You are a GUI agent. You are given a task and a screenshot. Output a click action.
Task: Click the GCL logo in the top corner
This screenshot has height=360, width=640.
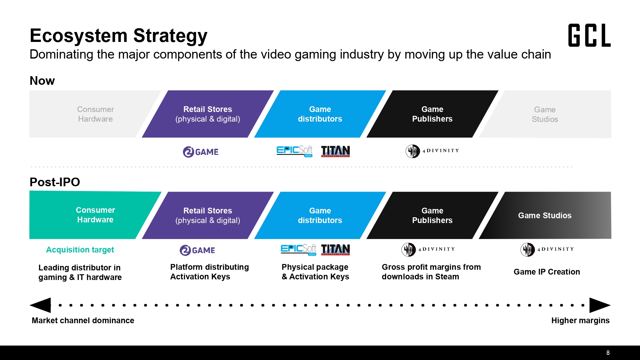[589, 35]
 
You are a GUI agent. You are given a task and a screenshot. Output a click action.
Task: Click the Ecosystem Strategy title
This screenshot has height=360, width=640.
[119, 36]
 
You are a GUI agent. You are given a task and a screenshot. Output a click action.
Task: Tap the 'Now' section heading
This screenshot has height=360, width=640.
[42, 81]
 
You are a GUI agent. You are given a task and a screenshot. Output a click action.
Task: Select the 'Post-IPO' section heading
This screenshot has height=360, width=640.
[55, 182]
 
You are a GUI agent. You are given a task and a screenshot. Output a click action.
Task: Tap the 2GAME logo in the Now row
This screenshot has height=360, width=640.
[201, 152]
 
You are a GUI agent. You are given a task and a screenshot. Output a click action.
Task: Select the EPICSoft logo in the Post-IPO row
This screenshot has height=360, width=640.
[299, 250]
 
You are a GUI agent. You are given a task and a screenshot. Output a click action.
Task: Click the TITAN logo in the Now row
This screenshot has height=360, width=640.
[335, 151]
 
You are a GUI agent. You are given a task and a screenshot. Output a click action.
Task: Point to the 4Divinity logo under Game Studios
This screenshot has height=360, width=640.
[547, 249]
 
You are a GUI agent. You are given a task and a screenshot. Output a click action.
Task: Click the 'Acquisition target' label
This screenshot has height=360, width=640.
[80, 250]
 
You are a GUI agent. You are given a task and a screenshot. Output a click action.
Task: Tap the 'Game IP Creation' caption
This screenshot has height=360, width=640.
[547, 272]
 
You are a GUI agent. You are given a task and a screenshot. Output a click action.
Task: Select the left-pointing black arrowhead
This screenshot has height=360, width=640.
[40, 305]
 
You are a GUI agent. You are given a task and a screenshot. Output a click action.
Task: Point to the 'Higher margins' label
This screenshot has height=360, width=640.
[580, 320]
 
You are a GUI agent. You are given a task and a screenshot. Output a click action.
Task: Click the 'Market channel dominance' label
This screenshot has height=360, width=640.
[83, 320]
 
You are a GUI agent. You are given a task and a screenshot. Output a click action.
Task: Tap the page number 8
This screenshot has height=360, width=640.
[608, 353]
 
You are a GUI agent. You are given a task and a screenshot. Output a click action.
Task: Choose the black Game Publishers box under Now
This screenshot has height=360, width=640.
[432, 114]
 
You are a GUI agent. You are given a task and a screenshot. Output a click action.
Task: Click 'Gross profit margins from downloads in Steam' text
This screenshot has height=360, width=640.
[431, 272]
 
